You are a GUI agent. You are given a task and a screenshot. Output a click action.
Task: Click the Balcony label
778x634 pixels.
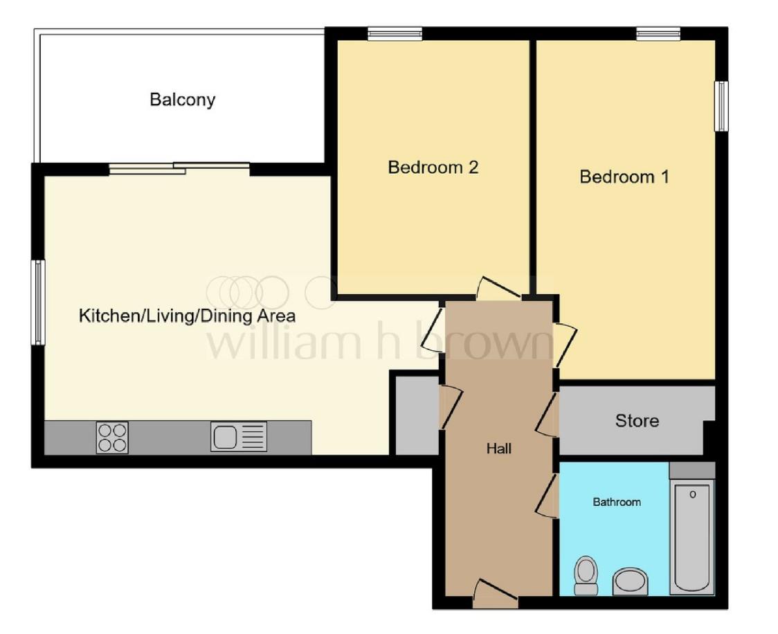click(x=183, y=100)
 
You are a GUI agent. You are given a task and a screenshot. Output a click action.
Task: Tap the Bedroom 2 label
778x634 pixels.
click(x=433, y=167)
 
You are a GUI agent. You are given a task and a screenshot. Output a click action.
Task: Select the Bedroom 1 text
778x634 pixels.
click(x=624, y=177)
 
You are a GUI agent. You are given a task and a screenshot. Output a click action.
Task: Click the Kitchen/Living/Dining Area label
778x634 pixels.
click(x=188, y=316)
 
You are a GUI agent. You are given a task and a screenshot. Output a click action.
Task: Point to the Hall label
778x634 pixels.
click(x=498, y=449)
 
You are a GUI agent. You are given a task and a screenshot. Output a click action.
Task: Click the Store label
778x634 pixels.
click(x=637, y=421)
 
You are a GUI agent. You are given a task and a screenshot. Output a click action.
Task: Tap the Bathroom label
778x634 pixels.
click(x=617, y=502)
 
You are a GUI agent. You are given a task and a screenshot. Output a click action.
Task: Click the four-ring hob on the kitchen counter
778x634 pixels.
click(x=112, y=437)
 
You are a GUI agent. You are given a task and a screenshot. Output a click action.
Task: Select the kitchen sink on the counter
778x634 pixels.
click(x=239, y=437)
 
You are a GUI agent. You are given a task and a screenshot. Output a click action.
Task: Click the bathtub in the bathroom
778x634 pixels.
click(x=692, y=536)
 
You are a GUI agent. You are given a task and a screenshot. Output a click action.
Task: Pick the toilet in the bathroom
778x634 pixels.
click(x=586, y=575)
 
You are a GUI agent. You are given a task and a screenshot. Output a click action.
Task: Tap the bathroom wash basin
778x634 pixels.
click(x=630, y=581)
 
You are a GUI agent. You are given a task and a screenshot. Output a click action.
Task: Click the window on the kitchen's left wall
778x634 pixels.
click(x=38, y=302)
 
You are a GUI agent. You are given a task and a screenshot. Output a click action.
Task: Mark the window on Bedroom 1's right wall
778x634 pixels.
click(x=721, y=106)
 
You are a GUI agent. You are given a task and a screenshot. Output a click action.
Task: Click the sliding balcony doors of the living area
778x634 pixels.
click(x=179, y=167)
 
